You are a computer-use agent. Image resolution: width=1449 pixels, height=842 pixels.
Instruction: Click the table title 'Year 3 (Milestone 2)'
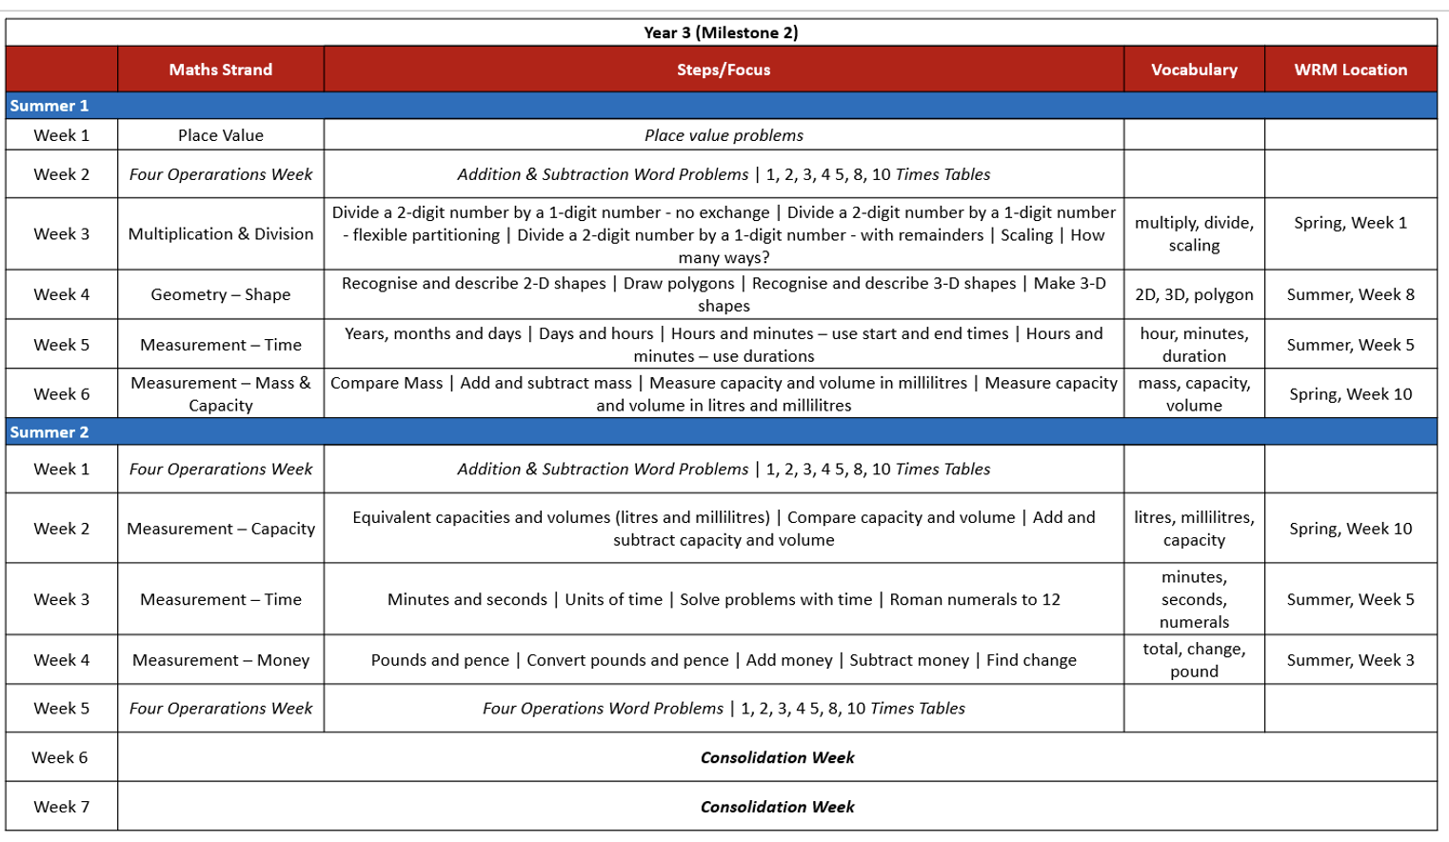721,32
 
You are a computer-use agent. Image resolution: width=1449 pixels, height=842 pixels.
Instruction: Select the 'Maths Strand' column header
220,70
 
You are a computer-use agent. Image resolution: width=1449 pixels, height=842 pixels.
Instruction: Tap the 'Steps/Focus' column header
724,70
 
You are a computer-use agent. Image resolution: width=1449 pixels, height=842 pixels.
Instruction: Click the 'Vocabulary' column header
1194,70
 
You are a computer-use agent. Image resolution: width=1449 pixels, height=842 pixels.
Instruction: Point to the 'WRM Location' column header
1350,70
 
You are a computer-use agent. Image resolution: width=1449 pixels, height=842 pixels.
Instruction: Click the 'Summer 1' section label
50,106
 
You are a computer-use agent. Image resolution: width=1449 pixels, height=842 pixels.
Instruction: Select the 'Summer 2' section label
50,431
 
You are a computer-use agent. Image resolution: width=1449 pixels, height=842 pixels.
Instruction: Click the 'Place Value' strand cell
220,135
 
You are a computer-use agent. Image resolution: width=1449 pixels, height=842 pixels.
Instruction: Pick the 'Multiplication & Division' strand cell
220,233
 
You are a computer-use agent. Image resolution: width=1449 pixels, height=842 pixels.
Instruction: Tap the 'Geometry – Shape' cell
220,294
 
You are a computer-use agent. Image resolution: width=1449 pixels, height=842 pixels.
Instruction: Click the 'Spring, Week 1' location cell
1350,223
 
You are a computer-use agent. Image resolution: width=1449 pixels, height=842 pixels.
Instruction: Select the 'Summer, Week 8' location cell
1350,294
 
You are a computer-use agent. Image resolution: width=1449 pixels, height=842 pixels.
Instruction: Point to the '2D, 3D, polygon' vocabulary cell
1194,294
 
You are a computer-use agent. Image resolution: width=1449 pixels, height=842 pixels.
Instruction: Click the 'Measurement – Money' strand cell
220,660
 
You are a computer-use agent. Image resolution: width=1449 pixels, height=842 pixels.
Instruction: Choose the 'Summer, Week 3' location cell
1350,660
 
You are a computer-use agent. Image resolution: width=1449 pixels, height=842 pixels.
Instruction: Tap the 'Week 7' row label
61,807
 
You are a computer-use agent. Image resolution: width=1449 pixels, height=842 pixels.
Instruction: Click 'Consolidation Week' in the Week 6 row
777,757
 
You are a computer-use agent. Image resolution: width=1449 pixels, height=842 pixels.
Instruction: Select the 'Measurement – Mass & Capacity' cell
220,393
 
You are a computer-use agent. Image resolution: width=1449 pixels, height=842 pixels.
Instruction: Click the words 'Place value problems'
724,135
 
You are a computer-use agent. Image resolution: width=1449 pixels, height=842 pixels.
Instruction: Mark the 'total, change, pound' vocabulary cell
1194,660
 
